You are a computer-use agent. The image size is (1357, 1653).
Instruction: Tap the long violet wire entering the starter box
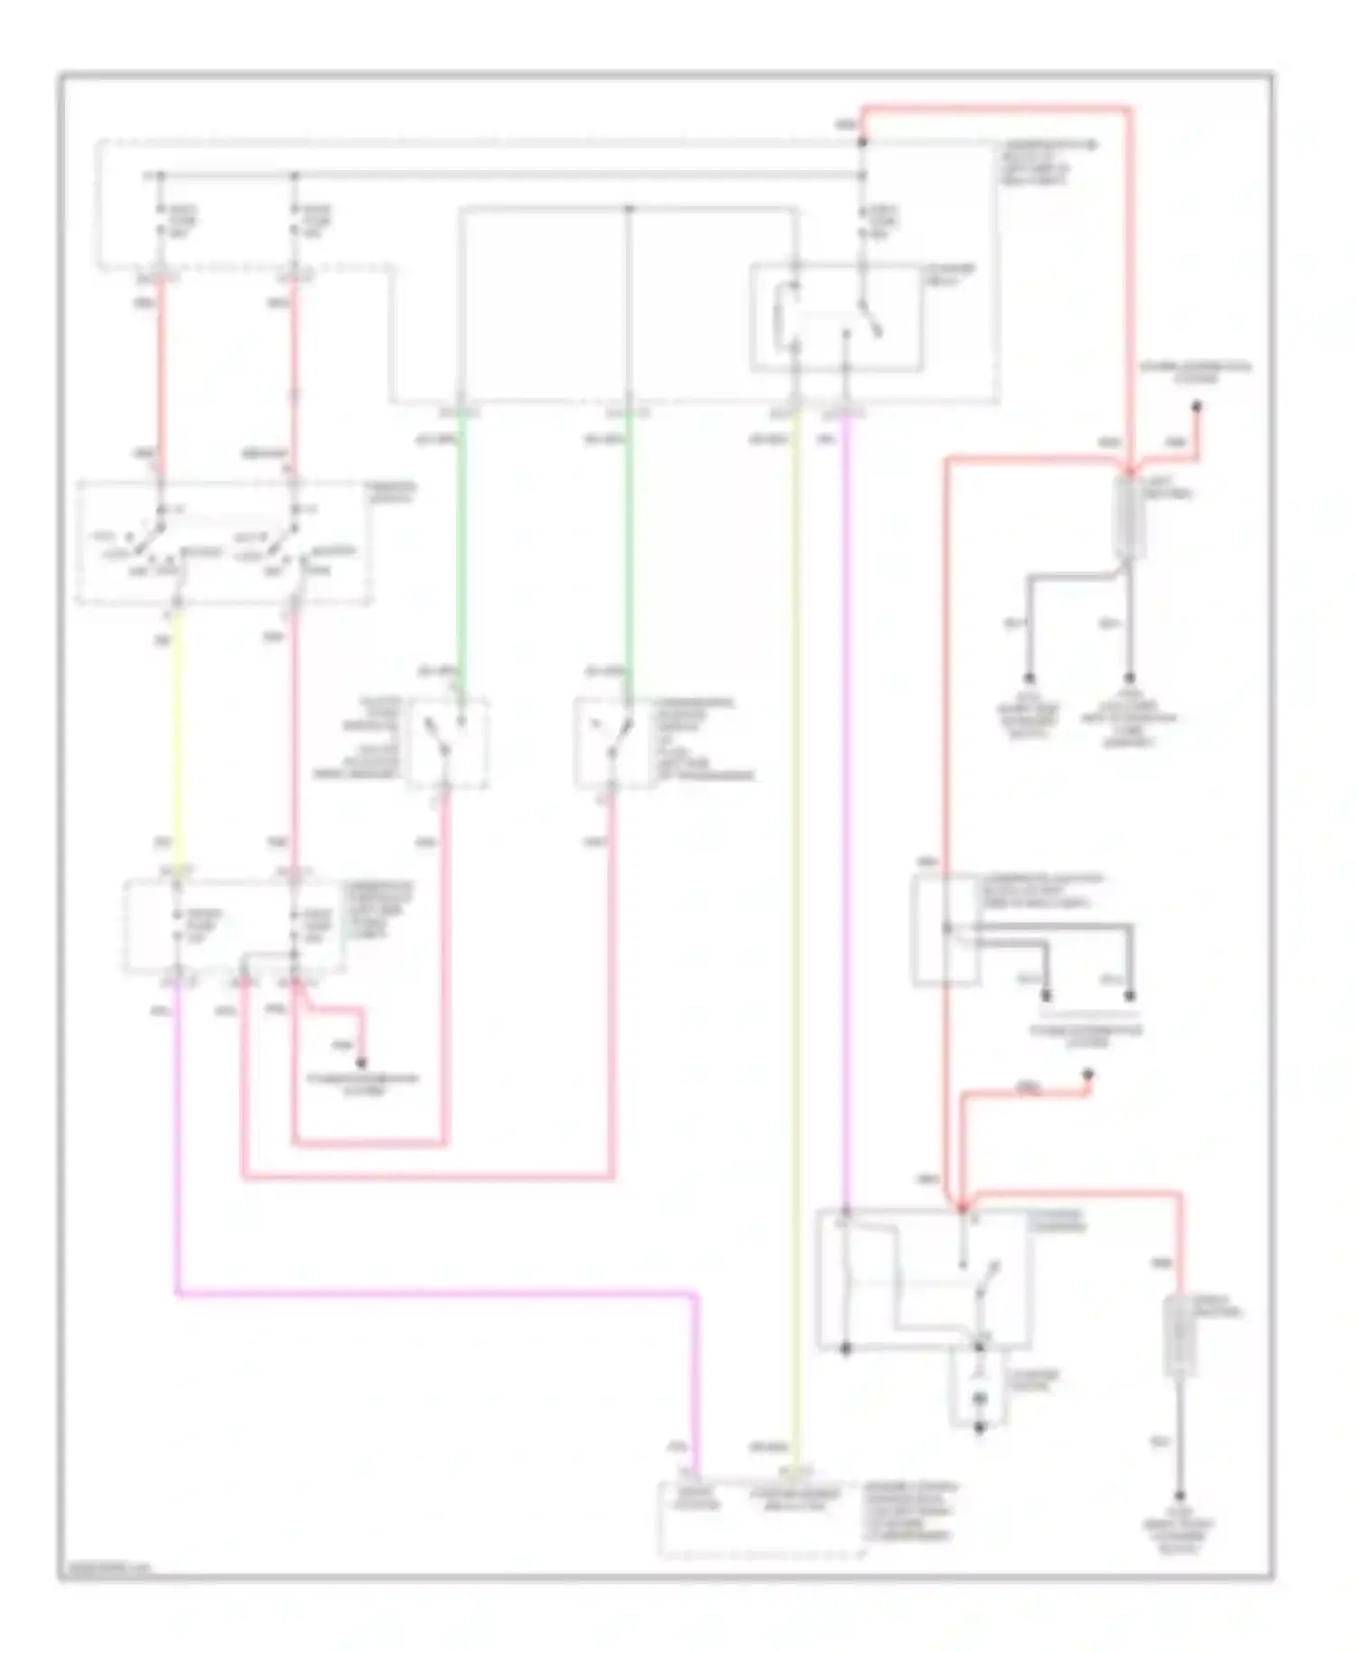[x=847, y=814]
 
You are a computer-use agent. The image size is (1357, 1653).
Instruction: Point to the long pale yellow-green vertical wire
[x=796, y=904]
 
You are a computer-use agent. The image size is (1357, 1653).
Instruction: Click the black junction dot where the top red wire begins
[x=862, y=142]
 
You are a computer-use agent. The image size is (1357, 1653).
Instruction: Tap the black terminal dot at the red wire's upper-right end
[x=1198, y=407]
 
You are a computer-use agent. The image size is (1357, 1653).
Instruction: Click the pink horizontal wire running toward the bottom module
[x=434, y=1295]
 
